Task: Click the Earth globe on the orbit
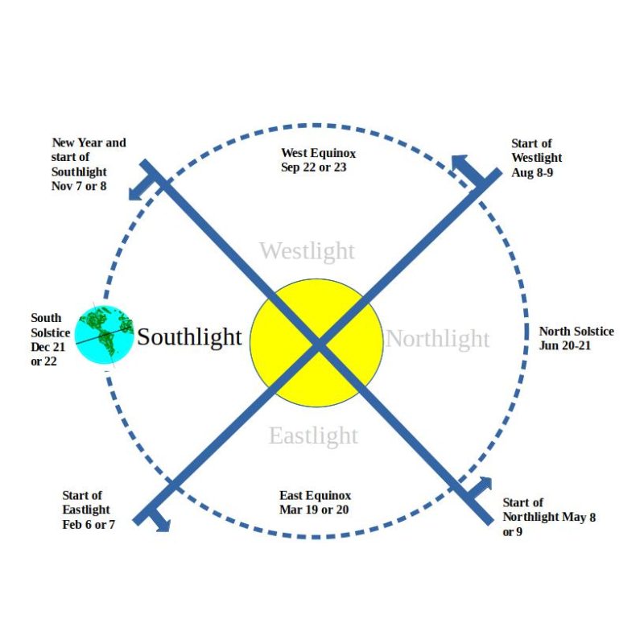[x=105, y=335]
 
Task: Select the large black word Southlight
[x=189, y=337]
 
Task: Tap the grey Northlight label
[x=438, y=339]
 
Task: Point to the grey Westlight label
[x=307, y=251]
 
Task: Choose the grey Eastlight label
[x=313, y=436]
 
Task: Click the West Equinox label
[x=318, y=153]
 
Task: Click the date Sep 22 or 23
[x=314, y=167]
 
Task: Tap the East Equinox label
[x=316, y=495]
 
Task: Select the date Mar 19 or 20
[x=314, y=510]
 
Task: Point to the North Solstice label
[x=576, y=332]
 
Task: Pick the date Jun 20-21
[x=565, y=346]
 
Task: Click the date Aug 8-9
[x=532, y=172]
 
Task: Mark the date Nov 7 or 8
[x=79, y=186]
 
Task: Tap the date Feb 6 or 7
[x=89, y=525]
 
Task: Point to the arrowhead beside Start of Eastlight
[x=163, y=525]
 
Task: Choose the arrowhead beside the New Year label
[x=136, y=193]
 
